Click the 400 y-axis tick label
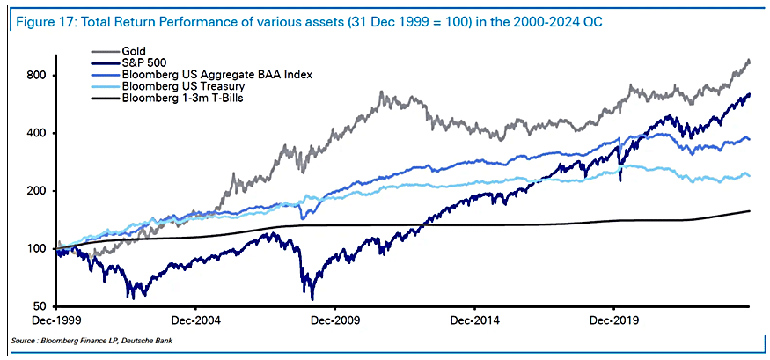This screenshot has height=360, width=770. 33,133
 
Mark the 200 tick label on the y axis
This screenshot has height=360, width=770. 33,191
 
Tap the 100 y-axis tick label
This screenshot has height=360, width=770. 33,248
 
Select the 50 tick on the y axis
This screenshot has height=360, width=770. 36,306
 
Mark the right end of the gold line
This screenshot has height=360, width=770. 750,61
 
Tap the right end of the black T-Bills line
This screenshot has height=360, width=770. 750,210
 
